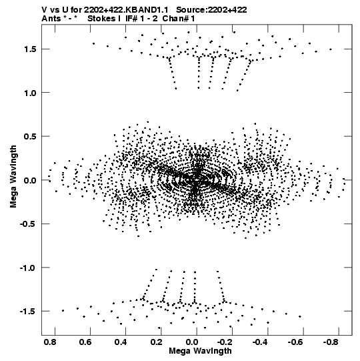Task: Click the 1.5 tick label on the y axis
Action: pos(31,49)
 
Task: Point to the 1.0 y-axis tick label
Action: pos(31,93)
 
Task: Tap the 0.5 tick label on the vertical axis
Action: pos(31,137)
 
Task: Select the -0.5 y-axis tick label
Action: pos(29,224)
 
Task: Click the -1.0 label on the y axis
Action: pos(29,268)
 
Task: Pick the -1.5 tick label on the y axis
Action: pos(29,312)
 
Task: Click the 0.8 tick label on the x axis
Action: pos(50,342)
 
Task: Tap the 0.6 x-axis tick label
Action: pos(85,342)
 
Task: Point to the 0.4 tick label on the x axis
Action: pos(121,342)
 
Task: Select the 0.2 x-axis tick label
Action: pos(157,342)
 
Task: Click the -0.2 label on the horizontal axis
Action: pos(226,342)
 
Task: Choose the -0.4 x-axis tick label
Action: pos(261,342)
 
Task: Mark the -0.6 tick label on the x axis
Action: pos(297,342)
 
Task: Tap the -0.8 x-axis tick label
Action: pos(332,342)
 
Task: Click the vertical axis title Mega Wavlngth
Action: pos(13,177)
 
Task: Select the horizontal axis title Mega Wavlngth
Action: pos(200,352)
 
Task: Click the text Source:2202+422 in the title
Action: pos(211,10)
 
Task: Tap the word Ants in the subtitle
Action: pos(51,19)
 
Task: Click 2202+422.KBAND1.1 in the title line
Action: pos(126,10)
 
